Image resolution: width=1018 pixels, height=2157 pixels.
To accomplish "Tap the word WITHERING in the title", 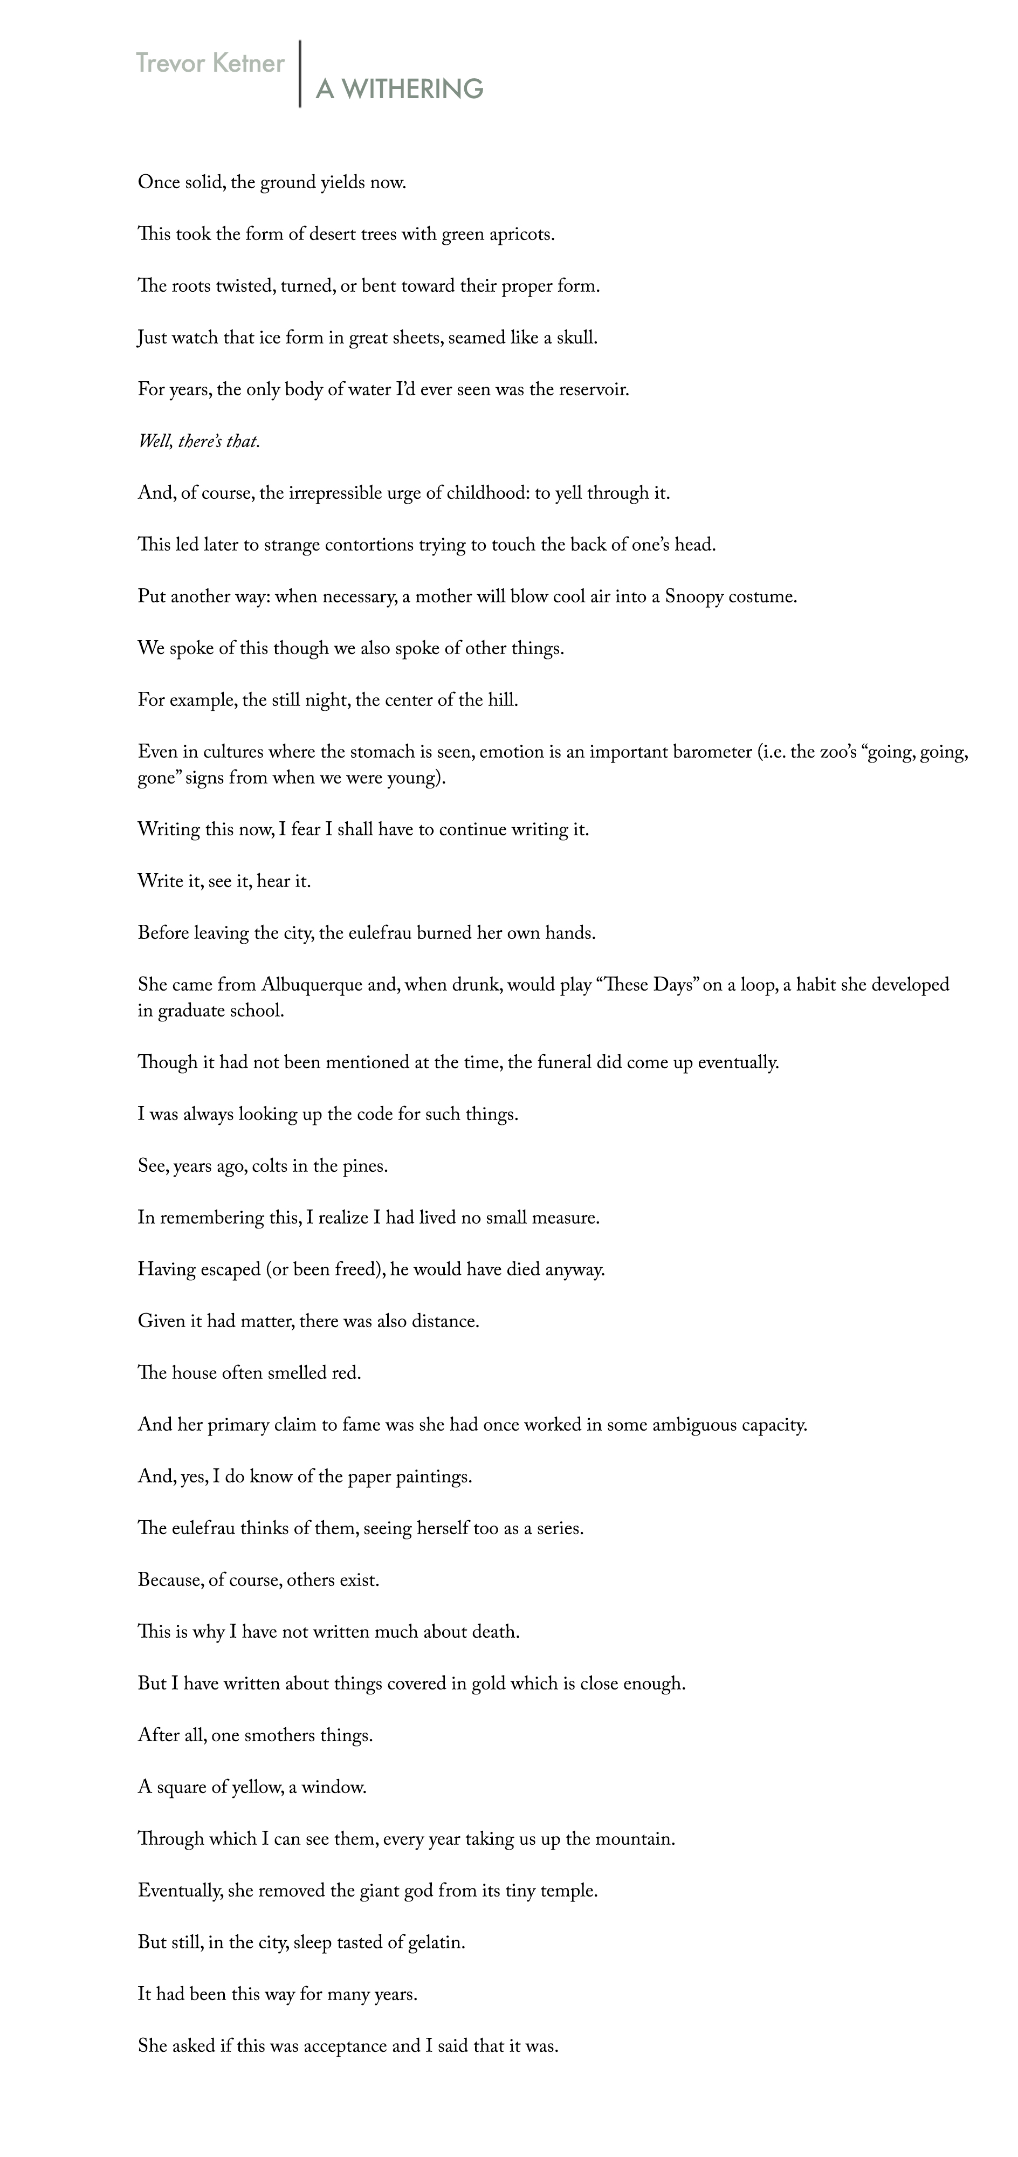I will click(412, 89).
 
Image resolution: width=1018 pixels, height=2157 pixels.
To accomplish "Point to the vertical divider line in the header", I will click(300, 74).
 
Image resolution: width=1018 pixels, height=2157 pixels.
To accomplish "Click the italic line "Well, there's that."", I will click(200, 442).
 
